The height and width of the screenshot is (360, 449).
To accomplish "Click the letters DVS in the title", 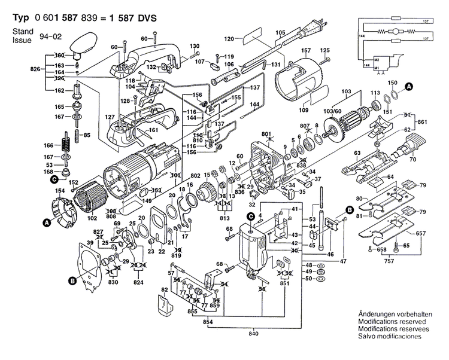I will click(x=145, y=18).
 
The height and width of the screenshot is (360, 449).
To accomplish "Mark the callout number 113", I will click(x=375, y=93).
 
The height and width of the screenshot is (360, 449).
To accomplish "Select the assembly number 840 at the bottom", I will click(x=255, y=332).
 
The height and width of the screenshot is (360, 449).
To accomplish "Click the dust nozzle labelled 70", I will click(x=414, y=145).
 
